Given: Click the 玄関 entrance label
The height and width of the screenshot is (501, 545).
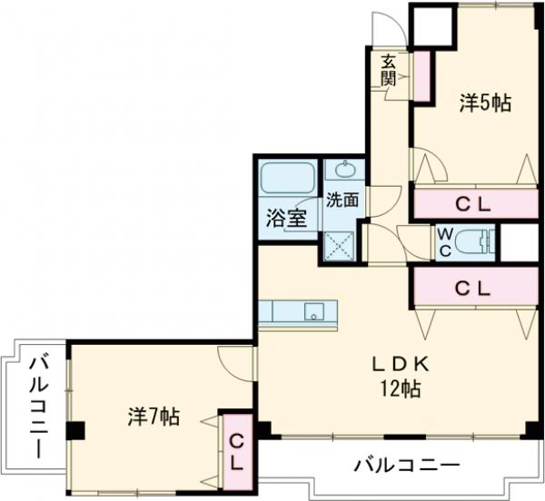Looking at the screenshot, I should click(x=388, y=70).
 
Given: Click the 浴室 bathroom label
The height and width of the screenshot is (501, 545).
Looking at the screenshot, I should click(x=285, y=219).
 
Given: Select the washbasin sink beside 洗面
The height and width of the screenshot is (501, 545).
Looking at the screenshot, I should click(x=346, y=169).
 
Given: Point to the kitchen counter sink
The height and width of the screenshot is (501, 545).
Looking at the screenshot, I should click(x=312, y=311).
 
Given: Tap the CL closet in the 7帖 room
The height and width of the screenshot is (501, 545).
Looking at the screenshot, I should click(x=235, y=450).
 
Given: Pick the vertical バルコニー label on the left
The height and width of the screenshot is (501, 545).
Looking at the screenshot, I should click(x=39, y=405).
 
